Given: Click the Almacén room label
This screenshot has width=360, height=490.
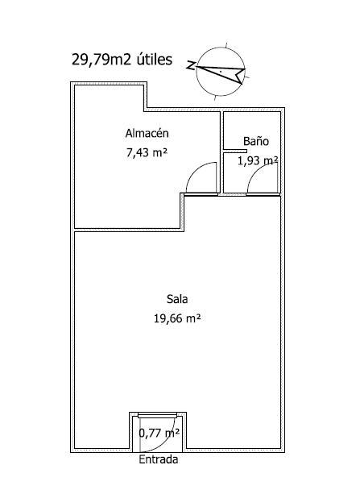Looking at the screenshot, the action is click(147, 133).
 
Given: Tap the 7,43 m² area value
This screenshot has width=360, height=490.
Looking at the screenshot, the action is click(147, 153).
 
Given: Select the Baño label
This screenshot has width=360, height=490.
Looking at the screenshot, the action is click(256, 141).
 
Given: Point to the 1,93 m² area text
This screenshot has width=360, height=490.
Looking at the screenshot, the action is click(258, 160).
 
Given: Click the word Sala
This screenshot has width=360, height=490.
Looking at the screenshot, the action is click(177, 299).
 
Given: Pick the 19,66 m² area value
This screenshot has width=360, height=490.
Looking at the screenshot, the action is click(177, 318).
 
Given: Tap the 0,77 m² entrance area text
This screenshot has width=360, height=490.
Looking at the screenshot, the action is click(159, 433).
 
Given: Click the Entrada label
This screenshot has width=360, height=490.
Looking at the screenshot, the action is click(159, 459).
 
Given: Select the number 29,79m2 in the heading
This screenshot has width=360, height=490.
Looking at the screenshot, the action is click(101, 60).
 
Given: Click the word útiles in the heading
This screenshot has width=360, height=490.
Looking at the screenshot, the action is click(155, 59).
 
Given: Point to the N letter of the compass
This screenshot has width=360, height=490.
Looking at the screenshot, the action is click(191, 65).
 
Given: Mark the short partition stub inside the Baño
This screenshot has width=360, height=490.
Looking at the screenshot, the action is click(235, 152).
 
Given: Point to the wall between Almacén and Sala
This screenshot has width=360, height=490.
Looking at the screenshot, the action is click(127, 230).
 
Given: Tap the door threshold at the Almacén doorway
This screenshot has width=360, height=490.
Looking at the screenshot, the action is click(201, 194).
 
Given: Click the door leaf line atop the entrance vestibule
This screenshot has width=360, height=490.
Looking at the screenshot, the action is click(157, 416).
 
